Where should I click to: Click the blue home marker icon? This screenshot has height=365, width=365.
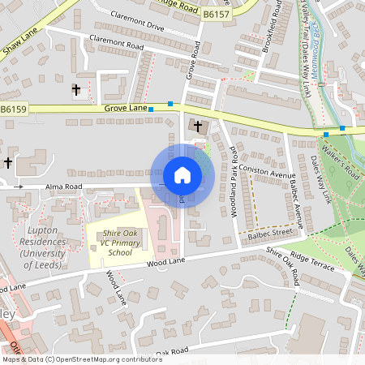point(182,175)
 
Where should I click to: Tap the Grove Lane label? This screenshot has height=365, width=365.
point(126,108)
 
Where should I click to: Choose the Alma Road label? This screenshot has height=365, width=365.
point(65,187)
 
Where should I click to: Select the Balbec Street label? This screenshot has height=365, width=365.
point(270,232)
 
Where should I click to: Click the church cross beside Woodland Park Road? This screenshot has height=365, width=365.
point(197,127)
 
